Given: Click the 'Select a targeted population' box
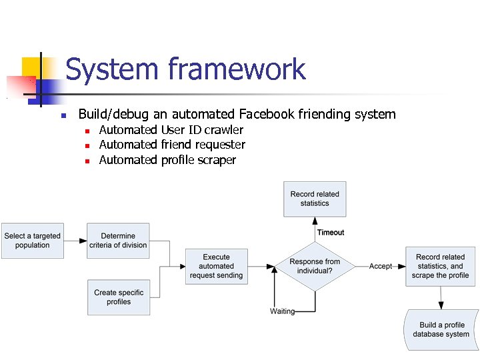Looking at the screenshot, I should pos(33,241).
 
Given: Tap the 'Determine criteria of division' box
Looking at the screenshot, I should pos(118,241).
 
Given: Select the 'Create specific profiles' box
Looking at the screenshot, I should pos(118,297).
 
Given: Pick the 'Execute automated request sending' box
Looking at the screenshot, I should pos(216,267).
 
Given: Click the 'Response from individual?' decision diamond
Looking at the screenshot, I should pos(315,266).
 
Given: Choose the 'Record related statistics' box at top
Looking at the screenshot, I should pos(315,199).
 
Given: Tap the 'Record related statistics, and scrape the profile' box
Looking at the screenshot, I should pos(440,266).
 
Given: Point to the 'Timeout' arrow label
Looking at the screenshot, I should pos(331,233).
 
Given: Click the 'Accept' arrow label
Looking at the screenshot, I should pos(381,266).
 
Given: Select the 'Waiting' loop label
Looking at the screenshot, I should pos(282,311).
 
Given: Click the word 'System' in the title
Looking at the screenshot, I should pos(111,69).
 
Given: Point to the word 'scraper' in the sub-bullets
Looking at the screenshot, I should pos(215,160).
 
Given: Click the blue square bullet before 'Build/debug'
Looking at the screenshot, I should pos(63,115).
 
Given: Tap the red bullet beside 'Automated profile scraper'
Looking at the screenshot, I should pos(87,161).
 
